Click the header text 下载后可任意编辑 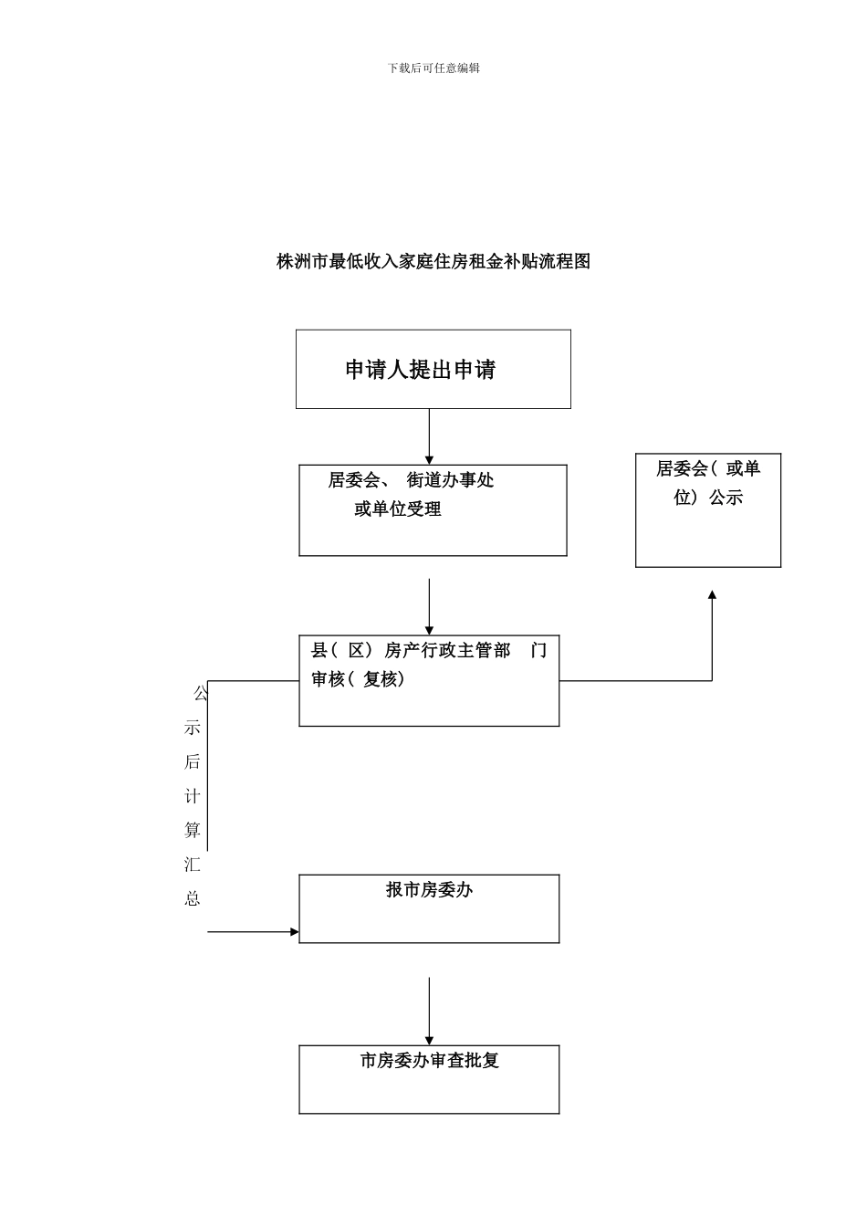[433, 68]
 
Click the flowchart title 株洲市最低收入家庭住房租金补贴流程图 [433, 261]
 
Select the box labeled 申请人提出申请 [433, 369]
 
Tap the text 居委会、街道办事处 [411, 480]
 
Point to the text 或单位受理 [398, 509]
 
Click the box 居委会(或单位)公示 [707, 510]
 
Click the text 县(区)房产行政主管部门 [428, 651]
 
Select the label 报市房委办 [429, 890]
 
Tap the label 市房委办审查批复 [429, 1061]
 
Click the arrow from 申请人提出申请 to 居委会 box [429, 436]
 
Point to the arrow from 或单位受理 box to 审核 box [429, 606]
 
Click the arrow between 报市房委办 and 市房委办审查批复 [429, 1011]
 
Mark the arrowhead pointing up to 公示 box [712, 595]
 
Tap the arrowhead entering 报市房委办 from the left [294, 932]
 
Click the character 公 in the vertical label [200, 694]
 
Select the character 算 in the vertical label [193, 830]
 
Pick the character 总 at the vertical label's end [193, 898]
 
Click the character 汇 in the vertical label [193, 865]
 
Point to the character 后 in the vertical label [193, 762]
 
